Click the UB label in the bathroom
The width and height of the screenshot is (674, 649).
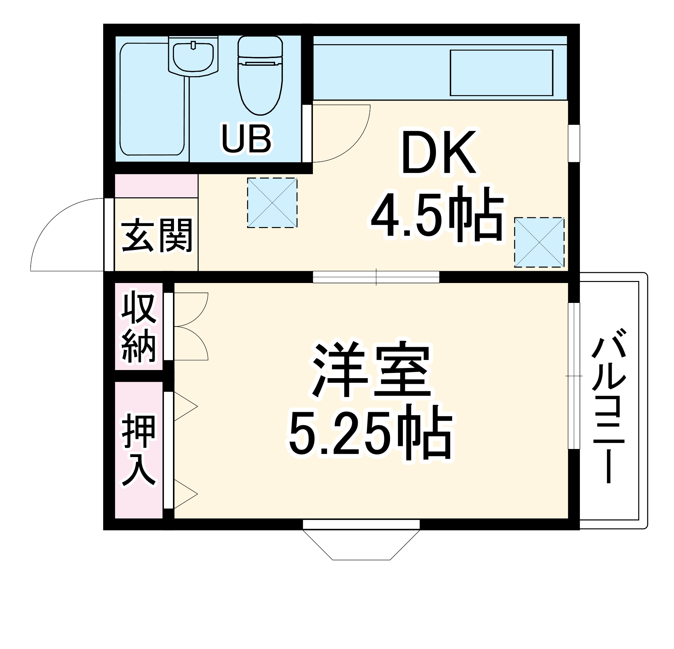click(x=246, y=139)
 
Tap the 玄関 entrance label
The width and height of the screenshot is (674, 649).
click(x=156, y=236)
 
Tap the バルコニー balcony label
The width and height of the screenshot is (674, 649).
click(x=608, y=406)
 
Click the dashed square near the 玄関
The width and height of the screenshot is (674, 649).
click(x=272, y=203)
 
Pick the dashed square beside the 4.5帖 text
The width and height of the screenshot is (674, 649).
click(x=539, y=242)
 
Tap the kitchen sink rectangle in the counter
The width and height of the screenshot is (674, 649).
click(x=501, y=73)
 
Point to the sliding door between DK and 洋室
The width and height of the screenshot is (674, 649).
click(x=376, y=277)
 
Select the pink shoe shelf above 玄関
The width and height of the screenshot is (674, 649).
click(x=156, y=186)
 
